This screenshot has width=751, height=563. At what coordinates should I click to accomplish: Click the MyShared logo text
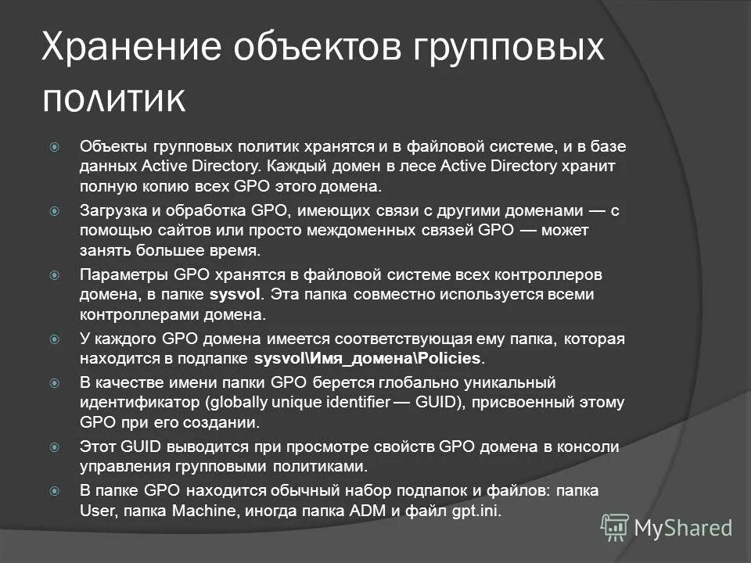(683, 528)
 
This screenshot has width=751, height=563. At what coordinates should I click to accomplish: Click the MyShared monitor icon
(615, 529)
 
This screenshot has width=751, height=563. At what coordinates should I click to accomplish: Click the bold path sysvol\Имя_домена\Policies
(369, 359)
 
